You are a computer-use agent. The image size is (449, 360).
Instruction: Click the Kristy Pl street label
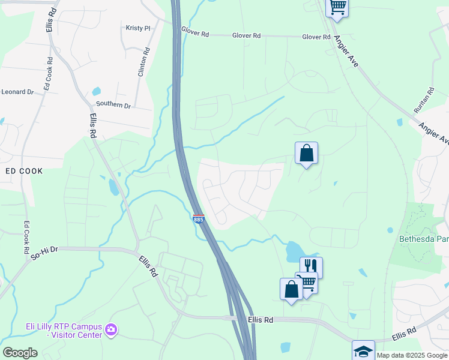point(138,28)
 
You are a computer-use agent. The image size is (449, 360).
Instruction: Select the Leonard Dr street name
point(17,92)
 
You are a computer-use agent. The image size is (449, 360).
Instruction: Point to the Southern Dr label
point(115,105)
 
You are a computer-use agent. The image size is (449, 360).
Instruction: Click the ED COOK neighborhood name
point(24,171)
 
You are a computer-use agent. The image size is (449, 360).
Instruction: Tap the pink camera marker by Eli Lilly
point(110,329)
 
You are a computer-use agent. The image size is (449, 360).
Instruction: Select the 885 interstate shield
point(199,220)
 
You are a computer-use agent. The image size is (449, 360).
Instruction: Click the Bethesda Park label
point(424,239)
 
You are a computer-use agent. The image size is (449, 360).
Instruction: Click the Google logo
point(20,353)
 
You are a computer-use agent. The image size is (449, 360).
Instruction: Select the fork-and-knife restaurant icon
point(312,266)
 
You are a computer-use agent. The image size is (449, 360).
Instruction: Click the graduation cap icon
point(363,350)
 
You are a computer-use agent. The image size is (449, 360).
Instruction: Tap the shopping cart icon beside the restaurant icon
point(307,281)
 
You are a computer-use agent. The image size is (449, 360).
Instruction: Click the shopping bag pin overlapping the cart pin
point(291,289)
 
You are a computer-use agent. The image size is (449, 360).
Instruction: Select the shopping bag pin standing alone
point(306,153)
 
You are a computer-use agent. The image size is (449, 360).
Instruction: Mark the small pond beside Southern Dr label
point(96,92)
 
